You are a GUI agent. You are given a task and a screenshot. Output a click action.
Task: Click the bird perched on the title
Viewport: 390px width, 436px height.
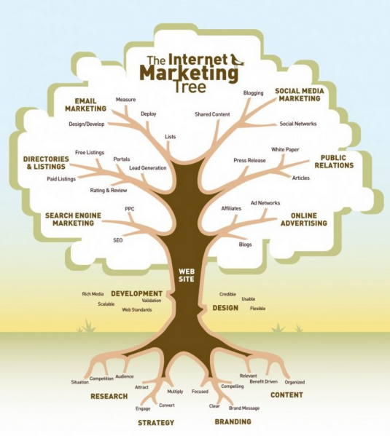pos(238,60)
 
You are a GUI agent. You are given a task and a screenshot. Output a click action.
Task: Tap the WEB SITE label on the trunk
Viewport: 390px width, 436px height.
pos(187,275)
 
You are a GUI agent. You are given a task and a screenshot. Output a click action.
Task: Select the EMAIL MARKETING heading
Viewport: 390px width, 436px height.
pos(86,105)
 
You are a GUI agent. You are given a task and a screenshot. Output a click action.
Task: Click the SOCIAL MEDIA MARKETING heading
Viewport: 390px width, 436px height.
pos(300,95)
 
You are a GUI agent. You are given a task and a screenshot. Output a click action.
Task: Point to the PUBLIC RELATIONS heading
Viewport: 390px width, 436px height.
pos(334,162)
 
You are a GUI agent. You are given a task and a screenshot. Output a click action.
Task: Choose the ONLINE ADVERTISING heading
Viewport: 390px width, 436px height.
pos(304,219)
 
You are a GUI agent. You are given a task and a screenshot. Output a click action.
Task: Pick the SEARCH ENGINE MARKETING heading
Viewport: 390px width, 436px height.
pos(74,219)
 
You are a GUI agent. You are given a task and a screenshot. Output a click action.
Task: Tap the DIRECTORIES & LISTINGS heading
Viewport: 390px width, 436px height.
pos(46,162)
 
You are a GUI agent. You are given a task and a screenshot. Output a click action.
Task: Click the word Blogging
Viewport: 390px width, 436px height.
pos(253,93)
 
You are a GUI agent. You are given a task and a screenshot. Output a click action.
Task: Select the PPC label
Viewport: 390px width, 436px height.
pos(130,209)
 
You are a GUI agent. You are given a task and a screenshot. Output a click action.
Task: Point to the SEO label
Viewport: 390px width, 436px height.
pos(118,240)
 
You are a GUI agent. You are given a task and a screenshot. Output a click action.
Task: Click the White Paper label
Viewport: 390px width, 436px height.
pos(285,150)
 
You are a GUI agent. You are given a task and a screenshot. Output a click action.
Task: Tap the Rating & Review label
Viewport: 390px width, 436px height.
pos(109,191)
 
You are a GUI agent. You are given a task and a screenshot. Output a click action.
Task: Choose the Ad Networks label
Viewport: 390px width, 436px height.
pos(265,202)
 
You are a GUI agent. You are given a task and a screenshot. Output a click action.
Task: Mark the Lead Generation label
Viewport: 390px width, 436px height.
pos(148,168)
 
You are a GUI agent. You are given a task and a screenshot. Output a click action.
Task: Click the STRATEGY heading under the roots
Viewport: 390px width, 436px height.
pos(156,423)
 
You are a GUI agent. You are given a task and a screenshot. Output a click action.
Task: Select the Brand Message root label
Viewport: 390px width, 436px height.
pos(244,408)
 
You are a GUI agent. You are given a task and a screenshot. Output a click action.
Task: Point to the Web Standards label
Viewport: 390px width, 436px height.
pos(137,309)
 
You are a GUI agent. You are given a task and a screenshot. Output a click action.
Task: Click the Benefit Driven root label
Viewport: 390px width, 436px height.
pos(264,381)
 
